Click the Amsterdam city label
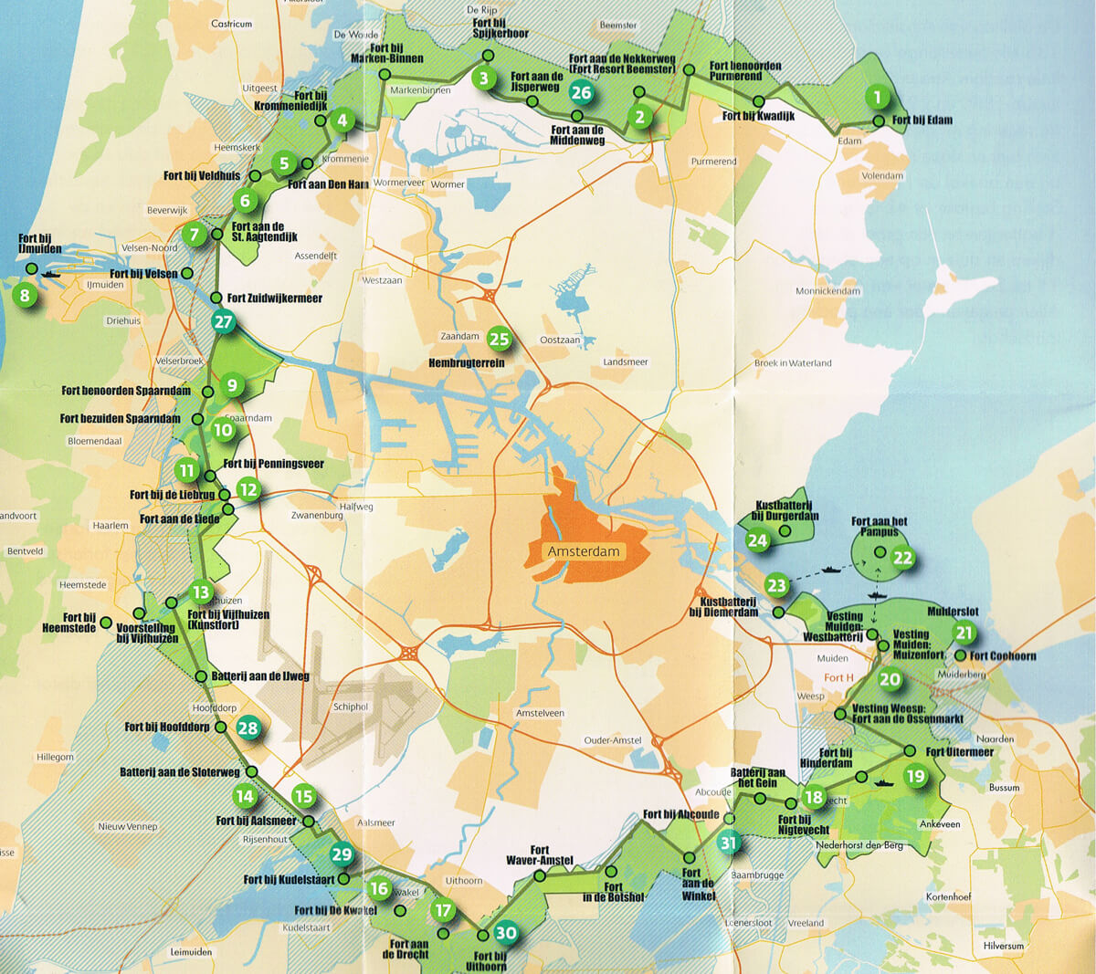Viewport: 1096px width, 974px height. pos(583,551)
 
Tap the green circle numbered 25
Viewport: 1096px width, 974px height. pos(499,340)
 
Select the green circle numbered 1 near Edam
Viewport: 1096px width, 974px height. pos(878,97)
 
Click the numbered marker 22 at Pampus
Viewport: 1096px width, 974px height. pos(902,558)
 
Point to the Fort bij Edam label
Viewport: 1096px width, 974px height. pos(922,120)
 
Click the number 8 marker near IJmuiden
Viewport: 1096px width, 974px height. pos(25,296)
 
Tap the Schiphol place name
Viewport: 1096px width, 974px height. pos(351,707)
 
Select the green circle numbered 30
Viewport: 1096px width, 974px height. pos(505,933)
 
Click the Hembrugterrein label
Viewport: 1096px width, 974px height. pos(466,362)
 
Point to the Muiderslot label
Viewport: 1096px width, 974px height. pos(953,612)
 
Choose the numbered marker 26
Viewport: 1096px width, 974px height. pos(581,92)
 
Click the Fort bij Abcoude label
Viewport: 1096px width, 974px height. pos(680,814)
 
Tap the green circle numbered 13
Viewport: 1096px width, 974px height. pos(200,593)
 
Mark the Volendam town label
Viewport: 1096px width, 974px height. pos(882,175)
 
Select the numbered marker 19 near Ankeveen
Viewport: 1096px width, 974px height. pos(915,777)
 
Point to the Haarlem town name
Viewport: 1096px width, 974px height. pos(111,526)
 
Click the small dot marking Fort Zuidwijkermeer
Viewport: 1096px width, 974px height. pos(216,298)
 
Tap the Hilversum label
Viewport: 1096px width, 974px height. pos(1004,946)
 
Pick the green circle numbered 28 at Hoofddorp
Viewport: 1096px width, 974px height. pos(248,728)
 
